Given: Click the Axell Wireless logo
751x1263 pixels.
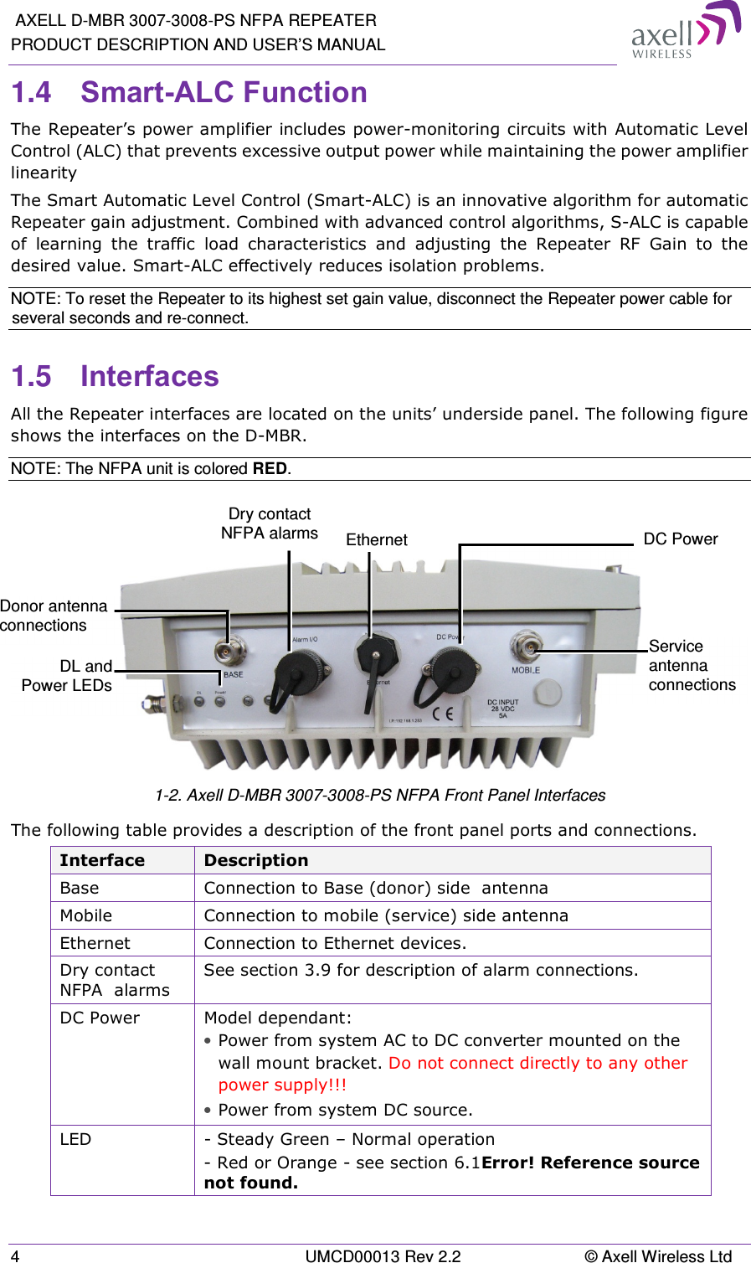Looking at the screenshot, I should (x=685, y=31).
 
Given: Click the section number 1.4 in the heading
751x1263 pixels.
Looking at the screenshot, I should (x=32, y=92).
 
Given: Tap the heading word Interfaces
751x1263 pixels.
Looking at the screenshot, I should (x=149, y=376).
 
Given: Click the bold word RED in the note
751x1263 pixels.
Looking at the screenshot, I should (x=270, y=468).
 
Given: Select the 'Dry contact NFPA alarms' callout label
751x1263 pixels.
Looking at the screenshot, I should (x=270, y=523).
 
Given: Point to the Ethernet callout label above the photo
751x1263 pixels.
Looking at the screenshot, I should (x=377, y=540).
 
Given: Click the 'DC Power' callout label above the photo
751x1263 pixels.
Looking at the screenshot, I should (x=680, y=539).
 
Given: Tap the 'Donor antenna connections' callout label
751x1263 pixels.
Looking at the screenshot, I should (x=53, y=616).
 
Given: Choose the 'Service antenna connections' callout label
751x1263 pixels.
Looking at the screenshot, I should (x=692, y=665).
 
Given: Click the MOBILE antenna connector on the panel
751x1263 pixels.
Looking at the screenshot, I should (x=525, y=645).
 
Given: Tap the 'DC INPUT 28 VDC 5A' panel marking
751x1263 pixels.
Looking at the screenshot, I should (x=503, y=709).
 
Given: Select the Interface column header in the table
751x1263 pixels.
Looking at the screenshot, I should (x=102, y=860).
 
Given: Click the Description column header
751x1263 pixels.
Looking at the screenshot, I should (x=256, y=860).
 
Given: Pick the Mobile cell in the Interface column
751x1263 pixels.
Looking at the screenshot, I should (x=86, y=915).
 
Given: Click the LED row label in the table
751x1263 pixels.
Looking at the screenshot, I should (x=75, y=1139).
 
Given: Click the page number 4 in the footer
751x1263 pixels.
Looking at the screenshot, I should (x=16, y=1255).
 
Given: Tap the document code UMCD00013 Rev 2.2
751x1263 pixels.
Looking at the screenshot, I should (x=383, y=1255).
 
